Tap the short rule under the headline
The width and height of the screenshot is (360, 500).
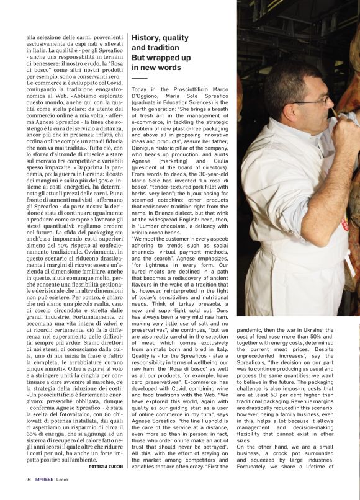139,79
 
